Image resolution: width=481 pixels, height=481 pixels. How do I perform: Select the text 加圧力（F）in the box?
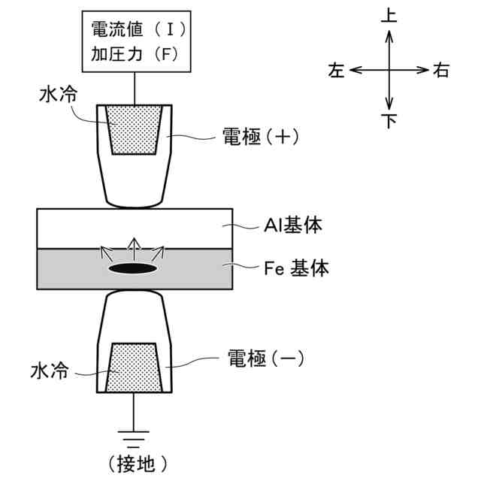pos(135,54)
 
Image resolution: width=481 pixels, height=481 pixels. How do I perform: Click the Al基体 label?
pos(295,225)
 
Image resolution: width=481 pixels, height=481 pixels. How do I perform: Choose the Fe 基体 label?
pos(297,268)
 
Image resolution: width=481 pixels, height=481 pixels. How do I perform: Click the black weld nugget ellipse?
pos(134,268)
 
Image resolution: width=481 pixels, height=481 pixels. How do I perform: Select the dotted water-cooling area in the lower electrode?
pos(134,368)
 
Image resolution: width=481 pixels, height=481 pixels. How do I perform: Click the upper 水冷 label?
pos(57,95)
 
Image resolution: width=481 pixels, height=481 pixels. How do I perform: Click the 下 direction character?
pos(389,120)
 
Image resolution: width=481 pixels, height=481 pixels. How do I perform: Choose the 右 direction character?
pos(442,71)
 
